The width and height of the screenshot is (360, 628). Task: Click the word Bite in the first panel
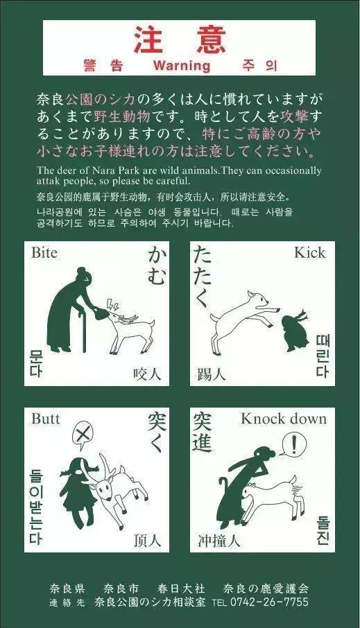pos(44,253)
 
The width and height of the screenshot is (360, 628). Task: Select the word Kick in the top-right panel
pos(309,252)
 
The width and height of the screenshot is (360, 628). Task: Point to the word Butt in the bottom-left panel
pos(45,419)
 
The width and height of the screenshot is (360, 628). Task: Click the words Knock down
pos(283,419)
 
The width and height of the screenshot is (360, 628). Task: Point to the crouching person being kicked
pos(293,331)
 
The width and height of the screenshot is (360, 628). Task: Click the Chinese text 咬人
pos(147,374)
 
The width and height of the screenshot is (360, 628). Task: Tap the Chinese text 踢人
pos(211,374)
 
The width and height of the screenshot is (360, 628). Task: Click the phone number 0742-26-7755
pos(268,602)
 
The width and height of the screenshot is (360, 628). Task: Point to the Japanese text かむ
pos(156,267)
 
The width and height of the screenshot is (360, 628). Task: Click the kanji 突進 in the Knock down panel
pos(203,431)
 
